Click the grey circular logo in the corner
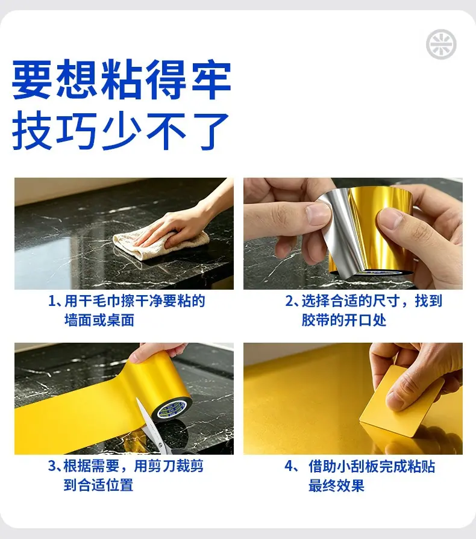pos(441,45)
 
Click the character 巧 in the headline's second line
pos(76,131)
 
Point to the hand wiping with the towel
pos(179,223)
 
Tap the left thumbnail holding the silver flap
pos(318,214)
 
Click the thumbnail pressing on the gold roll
pos(390,219)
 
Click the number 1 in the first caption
pos(52,302)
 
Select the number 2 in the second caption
pos(289,302)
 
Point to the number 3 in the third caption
pos(52,466)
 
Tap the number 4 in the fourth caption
pos(289,467)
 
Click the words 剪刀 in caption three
pos(161,466)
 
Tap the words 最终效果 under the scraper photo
pos(336,486)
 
